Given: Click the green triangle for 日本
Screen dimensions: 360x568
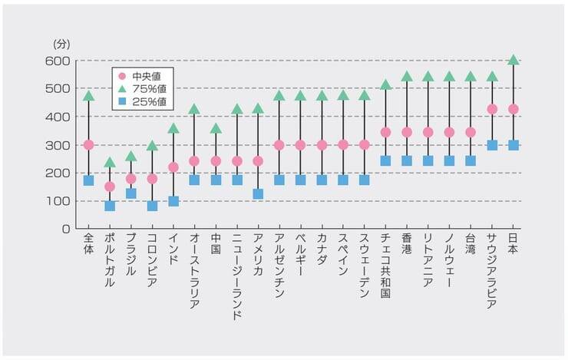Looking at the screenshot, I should pyautogui.click(x=514, y=60).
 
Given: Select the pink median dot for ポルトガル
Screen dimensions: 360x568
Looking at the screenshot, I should pyautogui.click(x=110, y=187).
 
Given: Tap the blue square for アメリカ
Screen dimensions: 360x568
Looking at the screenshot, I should pyautogui.click(x=258, y=194).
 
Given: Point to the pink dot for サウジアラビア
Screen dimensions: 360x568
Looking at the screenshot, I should pyautogui.click(x=492, y=109).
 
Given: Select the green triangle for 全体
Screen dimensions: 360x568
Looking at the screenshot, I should pyautogui.click(x=88, y=96).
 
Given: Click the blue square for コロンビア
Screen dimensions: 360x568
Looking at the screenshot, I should pyautogui.click(x=152, y=206).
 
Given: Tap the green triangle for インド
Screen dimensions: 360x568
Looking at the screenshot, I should pyautogui.click(x=173, y=128).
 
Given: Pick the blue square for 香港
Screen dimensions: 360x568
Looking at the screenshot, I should pyautogui.click(x=407, y=161).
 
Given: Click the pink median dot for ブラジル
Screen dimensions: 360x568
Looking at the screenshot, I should pyautogui.click(x=131, y=179).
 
